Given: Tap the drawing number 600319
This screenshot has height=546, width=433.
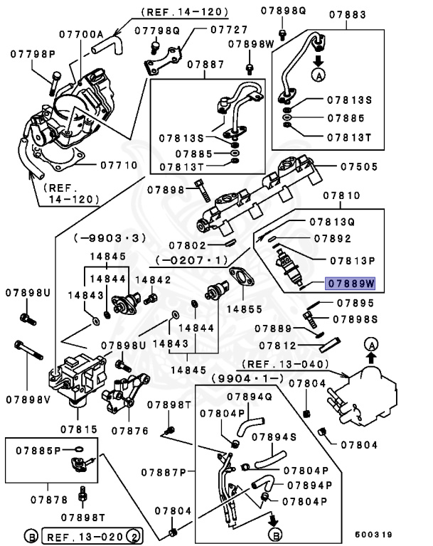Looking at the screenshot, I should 374,534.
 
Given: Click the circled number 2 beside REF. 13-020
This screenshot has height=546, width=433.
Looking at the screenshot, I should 136,534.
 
